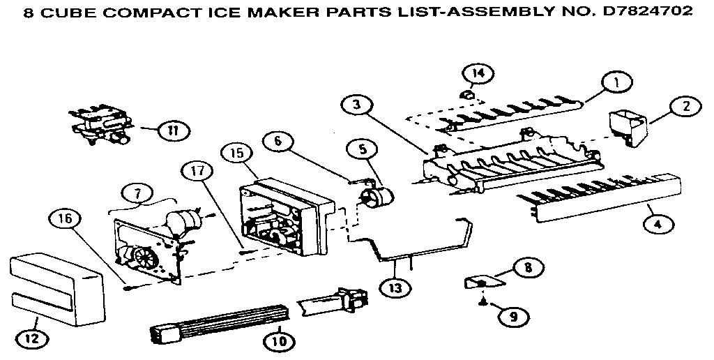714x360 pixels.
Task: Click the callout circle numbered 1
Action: click(x=616, y=82)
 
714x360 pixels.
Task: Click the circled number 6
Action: click(x=278, y=140)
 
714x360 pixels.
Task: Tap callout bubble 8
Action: click(x=529, y=266)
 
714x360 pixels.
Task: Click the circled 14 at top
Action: click(x=478, y=73)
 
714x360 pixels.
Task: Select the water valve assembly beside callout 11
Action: click(x=102, y=126)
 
